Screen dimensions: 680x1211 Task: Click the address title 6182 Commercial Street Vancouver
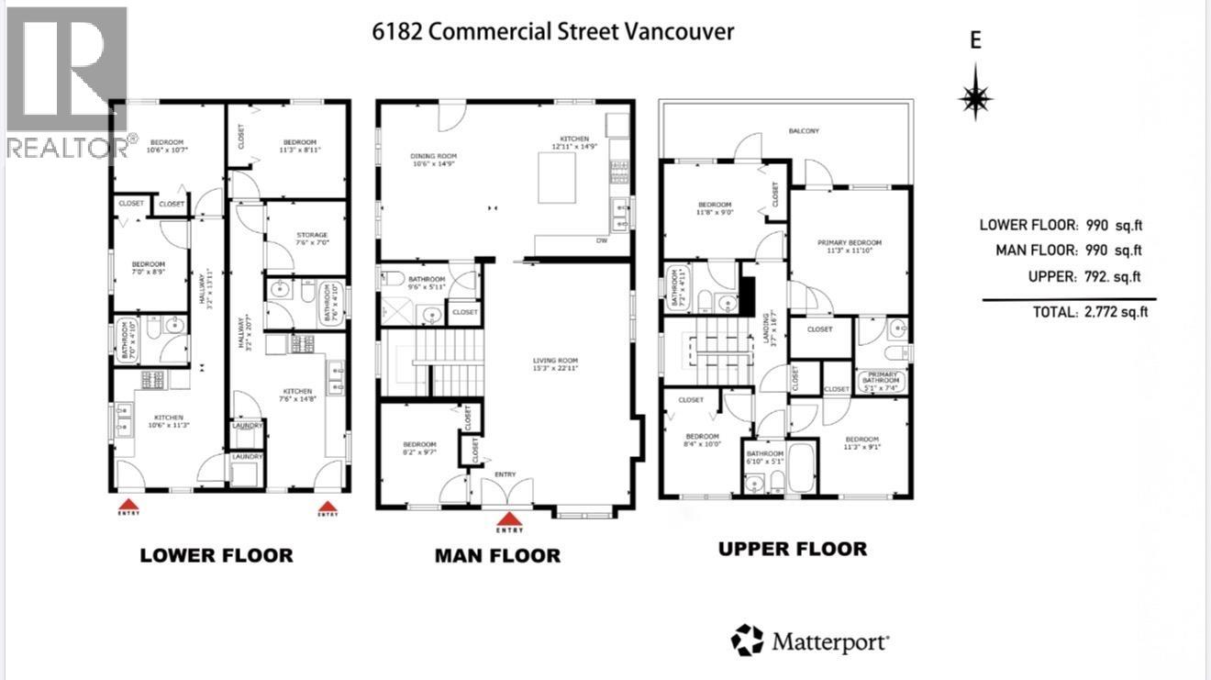553,31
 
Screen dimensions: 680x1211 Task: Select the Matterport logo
810,640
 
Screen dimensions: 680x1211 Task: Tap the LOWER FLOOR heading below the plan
216,555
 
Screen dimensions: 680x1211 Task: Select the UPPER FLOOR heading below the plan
792,549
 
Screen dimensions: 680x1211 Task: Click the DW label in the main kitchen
601,241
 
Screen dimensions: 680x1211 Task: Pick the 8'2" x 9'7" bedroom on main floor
419,448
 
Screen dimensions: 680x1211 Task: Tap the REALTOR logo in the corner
66,83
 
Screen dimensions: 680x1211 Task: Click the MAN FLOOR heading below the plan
496,555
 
